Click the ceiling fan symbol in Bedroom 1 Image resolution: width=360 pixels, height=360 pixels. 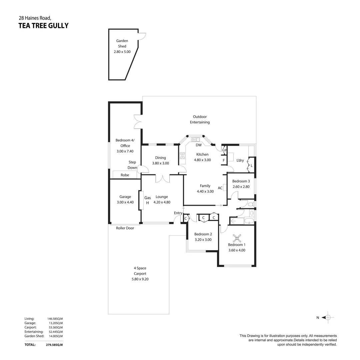[237, 238]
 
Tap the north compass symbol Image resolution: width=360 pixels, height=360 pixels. [328, 318]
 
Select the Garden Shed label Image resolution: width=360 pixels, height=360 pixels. [122, 44]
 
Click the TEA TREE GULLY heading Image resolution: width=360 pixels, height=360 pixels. [43, 26]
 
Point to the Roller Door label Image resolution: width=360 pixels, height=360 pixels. [125, 228]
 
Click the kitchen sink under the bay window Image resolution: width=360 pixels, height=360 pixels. [195, 139]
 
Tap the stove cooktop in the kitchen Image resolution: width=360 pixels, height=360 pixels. [182, 156]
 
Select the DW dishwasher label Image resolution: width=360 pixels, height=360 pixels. [198, 145]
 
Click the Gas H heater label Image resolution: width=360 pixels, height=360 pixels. [147, 200]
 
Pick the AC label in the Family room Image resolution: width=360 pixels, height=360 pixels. [220, 188]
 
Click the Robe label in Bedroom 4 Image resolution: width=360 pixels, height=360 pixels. [125, 175]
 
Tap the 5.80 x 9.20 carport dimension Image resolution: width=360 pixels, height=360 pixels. [140, 279]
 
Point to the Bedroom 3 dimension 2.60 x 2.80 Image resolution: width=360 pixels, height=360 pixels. [241, 187]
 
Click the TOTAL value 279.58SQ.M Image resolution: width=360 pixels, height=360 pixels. [54, 345]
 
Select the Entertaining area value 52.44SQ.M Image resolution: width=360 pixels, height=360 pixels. [55, 332]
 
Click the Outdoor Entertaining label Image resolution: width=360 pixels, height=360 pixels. [200, 119]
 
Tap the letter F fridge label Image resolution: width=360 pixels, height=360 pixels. [224, 160]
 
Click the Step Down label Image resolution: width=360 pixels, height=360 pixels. [132, 165]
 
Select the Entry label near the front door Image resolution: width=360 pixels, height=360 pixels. [178, 213]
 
